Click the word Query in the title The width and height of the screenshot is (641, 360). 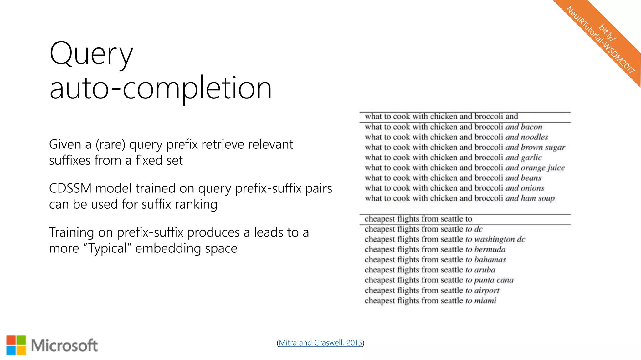(91, 54)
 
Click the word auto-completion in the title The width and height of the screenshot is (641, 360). (160, 89)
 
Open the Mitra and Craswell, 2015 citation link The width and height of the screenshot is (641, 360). (320, 343)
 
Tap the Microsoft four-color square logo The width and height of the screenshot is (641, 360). (16, 345)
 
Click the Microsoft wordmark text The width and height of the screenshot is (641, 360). (64, 346)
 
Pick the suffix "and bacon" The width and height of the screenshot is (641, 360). (524, 127)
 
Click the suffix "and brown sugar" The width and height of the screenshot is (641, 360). (535, 147)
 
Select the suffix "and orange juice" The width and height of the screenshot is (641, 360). (535, 168)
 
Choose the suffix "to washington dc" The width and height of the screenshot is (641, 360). (495, 239)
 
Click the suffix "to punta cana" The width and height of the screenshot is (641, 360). (489, 280)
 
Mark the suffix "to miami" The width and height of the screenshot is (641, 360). (481, 301)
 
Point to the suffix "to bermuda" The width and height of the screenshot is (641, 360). (485, 250)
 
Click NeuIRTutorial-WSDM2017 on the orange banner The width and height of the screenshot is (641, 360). (600, 40)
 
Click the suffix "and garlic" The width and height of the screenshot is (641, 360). (523, 157)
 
